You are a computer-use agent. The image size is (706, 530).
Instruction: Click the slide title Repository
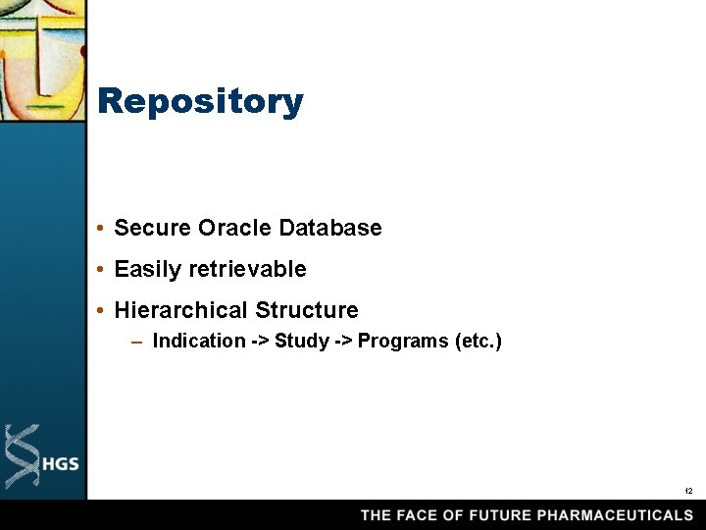pyautogui.click(x=201, y=101)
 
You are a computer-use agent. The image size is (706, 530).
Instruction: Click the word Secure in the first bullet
pyautogui.click(x=153, y=228)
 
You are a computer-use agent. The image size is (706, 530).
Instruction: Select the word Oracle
pyautogui.click(x=235, y=228)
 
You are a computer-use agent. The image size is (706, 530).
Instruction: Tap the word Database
pyautogui.click(x=330, y=228)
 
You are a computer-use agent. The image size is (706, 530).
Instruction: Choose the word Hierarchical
pyautogui.click(x=181, y=310)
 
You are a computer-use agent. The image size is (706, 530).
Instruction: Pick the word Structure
pyautogui.click(x=307, y=310)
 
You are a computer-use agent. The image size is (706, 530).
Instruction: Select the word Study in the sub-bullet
pyautogui.click(x=302, y=341)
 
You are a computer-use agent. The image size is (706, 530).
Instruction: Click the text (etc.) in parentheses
pyautogui.click(x=479, y=341)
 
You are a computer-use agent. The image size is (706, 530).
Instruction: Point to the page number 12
pyautogui.click(x=688, y=491)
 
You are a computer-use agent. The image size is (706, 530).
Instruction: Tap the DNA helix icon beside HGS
pyautogui.click(x=22, y=456)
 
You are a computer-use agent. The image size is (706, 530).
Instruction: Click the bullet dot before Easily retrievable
pyautogui.click(x=102, y=270)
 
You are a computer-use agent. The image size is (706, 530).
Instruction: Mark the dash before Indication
pyautogui.click(x=137, y=342)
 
